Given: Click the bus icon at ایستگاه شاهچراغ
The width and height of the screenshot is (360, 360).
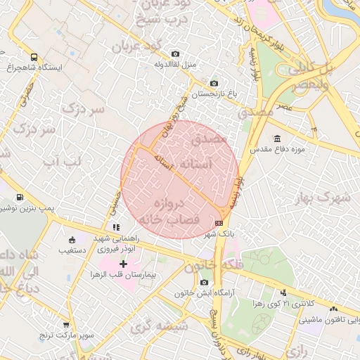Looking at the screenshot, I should coord(34,57).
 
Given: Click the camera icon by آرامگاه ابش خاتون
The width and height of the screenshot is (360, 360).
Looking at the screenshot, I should coord(204,282).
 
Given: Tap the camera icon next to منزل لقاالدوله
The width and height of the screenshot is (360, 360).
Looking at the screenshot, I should coord(175,54).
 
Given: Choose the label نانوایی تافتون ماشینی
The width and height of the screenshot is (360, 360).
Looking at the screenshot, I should coord(330,320).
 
